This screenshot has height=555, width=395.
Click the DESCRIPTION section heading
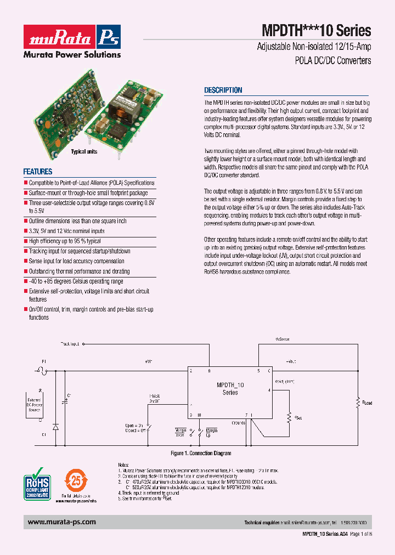click(x=223, y=90)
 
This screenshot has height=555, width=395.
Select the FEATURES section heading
click(x=38, y=171)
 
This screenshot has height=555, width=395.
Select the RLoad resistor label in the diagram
click(x=366, y=403)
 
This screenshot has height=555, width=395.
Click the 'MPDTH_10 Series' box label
click(x=230, y=389)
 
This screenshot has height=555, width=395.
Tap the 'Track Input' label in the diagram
click(x=70, y=344)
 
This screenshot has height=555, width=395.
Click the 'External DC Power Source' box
click(x=34, y=405)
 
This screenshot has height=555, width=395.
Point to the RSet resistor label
click(x=298, y=418)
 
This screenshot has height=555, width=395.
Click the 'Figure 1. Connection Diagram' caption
click(x=200, y=454)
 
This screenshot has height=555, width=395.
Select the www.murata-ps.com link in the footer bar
click(x=61, y=522)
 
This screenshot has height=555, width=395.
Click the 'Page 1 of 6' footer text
click(x=360, y=534)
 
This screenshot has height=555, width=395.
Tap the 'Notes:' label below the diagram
click(x=125, y=464)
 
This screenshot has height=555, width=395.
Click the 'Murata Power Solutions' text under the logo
click(x=71, y=54)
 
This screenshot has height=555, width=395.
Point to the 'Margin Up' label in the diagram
click(x=208, y=432)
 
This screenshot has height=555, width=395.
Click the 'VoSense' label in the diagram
click(x=283, y=339)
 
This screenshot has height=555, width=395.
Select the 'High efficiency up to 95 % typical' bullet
click(x=65, y=241)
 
